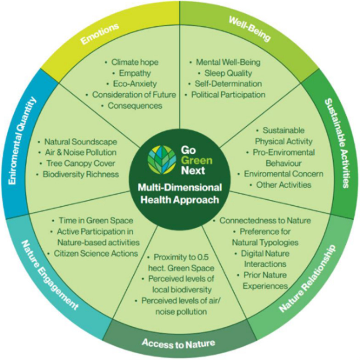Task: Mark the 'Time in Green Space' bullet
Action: tap(96, 221)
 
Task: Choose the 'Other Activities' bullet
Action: tap(279, 185)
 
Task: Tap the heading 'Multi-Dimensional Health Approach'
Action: tap(180, 193)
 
